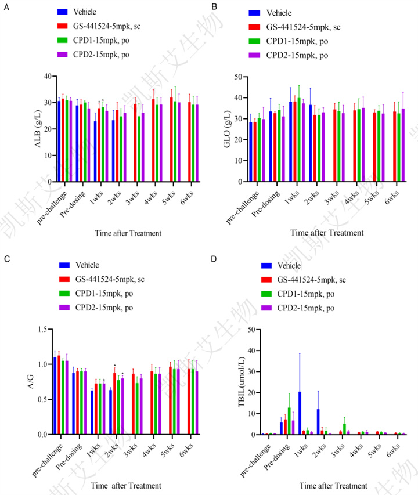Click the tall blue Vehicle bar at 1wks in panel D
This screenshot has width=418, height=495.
coord(300,413)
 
